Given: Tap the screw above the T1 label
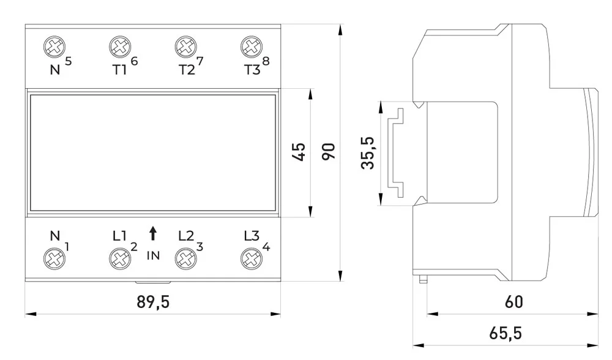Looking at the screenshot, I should pyautogui.click(x=119, y=47).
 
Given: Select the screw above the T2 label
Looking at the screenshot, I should pyautogui.click(x=184, y=47).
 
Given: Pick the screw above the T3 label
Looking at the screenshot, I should pyautogui.click(x=248, y=47).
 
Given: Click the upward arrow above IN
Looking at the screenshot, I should pyautogui.click(x=152, y=233).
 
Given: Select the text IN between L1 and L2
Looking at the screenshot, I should pyautogui.click(x=152, y=255).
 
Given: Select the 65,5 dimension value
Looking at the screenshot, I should pyautogui.click(x=506, y=334).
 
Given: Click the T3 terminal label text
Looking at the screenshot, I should pyautogui.click(x=251, y=69).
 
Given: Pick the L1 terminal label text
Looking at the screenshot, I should pyautogui.click(x=119, y=236).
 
